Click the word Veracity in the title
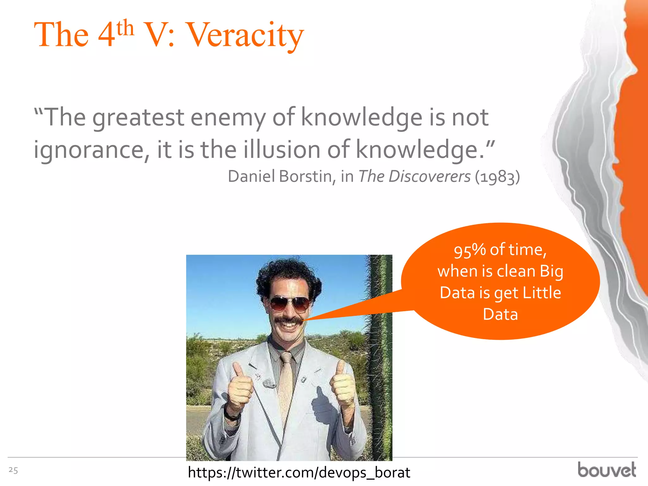coord(246,35)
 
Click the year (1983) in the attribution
coord(497,177)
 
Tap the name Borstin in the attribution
coord(305,176)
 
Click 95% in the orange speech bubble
coord(470,250)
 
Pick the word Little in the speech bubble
coord(542,293)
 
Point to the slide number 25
coord(13,470)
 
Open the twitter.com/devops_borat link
coord(299,473)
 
